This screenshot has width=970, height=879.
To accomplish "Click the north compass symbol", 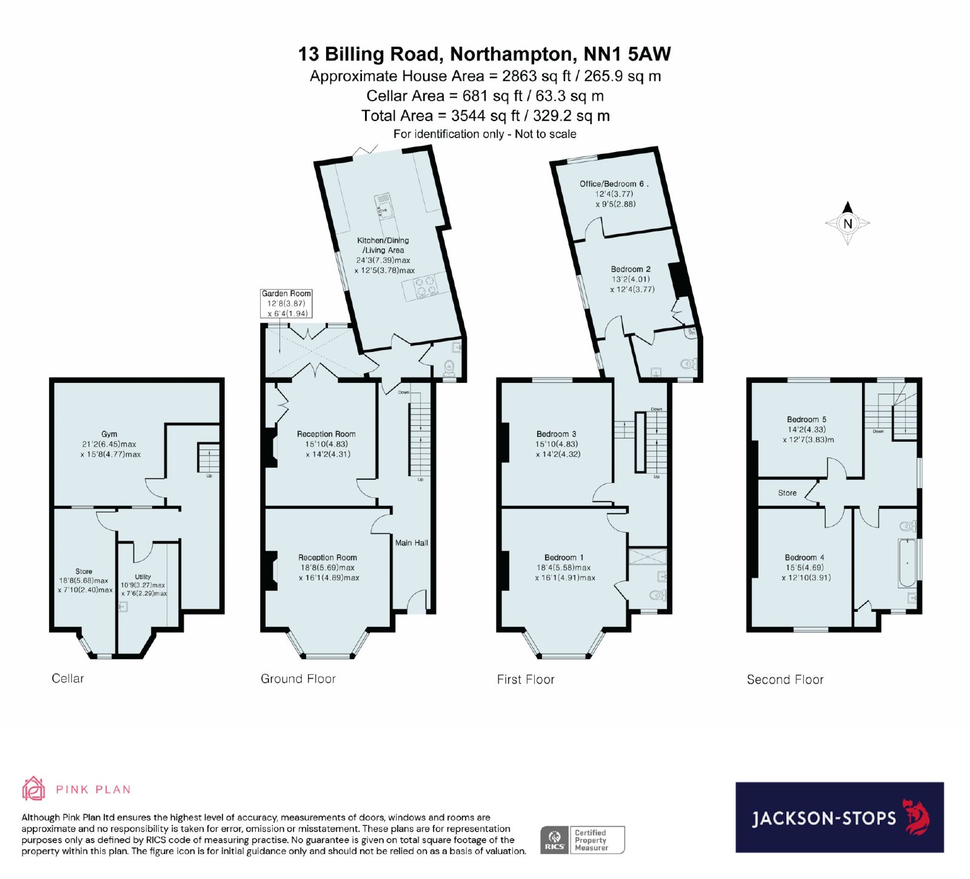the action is point(848,223).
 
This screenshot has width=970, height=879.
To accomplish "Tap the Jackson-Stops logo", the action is point(840,817).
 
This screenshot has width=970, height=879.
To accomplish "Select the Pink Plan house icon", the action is point(33,789).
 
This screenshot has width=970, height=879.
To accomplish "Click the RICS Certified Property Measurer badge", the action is point(582,840).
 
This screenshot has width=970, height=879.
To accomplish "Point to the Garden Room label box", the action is point(286,304).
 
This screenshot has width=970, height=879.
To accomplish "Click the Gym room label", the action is point(110,434).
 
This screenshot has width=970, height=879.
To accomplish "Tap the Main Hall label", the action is point(412,543).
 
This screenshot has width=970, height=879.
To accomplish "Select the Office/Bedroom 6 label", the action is point(614,184).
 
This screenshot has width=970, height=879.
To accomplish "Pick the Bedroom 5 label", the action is point(806,419).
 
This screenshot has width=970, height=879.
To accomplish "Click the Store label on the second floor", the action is point(788,493).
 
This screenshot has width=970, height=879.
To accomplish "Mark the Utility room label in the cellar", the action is point(143,577).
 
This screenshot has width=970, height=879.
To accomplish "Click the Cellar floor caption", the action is point(68,678).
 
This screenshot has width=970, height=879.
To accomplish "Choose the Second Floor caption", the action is point(785,680).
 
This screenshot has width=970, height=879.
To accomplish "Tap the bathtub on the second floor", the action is point(908,563).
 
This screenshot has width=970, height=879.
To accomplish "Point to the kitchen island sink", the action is point(384,205).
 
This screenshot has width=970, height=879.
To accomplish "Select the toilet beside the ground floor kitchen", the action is point(449,367).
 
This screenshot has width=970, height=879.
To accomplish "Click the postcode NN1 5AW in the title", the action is point(627,54).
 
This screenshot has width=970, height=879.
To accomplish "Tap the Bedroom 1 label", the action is point(564,557).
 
